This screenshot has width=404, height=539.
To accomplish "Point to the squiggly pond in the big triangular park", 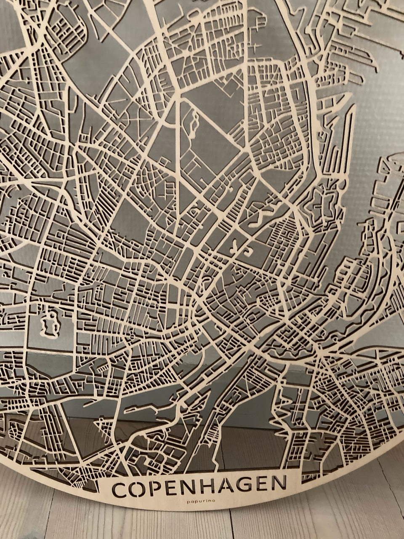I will tap(193, 123).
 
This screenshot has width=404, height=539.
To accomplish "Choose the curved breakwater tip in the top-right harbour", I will tap(393, 158).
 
